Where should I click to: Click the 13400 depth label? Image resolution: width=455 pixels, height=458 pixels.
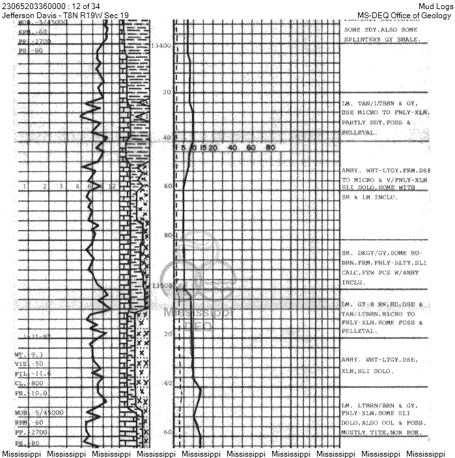tap(160, 45)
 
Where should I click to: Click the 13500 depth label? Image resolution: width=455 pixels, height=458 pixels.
tap(160, 285)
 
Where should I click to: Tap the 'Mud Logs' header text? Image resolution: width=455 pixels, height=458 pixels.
tap(435, 6)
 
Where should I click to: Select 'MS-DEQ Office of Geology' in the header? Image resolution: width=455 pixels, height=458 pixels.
tap(404, 15)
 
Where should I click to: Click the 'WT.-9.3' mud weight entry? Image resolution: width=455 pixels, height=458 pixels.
tap(29, 355)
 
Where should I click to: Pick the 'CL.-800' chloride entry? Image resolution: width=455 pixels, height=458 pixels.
tap(28, 383)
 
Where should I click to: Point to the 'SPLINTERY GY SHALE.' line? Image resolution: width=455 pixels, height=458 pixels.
tap(381, 40)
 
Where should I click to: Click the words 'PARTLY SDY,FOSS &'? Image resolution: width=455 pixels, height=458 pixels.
tap(376, 122)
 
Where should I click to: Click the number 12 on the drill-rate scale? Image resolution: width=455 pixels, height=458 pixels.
tap(113, 186)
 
